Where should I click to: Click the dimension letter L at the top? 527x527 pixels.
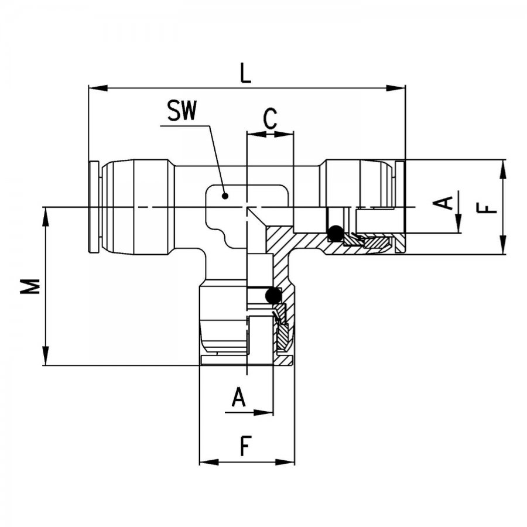click(x=246, y=74)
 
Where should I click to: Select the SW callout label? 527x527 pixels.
click(x=182, y=111)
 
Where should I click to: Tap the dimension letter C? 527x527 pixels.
click(x=270, y=118)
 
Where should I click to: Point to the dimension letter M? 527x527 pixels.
click(x=30, y=286)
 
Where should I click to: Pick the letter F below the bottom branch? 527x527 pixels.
click(x=246, y=446)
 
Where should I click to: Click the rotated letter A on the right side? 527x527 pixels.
click(x=446, y=203)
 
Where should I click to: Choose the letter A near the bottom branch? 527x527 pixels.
click(x=239, y=397)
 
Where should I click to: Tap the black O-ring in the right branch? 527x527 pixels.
click(x=336, y=233)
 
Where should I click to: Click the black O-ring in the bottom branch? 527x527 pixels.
click(x=273, y=296)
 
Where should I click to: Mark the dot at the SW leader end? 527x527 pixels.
click(x=225, y=196)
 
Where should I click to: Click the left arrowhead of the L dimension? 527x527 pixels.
click(x=98, y=88)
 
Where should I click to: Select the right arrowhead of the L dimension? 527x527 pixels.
click(x=396, y=88)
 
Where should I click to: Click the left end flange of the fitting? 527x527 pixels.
click(x=94, y=207)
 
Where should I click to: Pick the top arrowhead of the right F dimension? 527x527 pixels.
click(x=503, y=169)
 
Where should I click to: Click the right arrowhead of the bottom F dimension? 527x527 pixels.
click(x=285, y=463)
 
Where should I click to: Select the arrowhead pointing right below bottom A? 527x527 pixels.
click(x=263, y=412)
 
